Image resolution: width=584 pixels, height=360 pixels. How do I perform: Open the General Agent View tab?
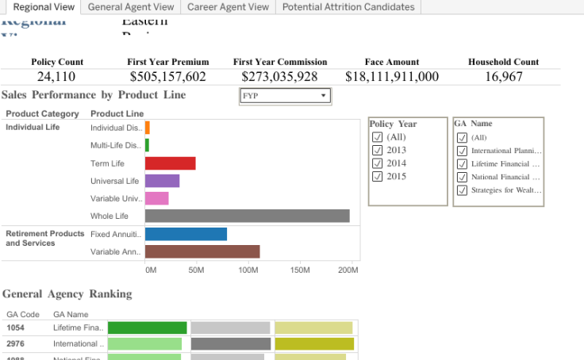[131, 7]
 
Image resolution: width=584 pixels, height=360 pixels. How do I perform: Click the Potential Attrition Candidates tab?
[348, 7]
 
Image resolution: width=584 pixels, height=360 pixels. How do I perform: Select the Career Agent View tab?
[228, 7]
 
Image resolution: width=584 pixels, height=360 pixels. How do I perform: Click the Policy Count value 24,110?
[56, 77]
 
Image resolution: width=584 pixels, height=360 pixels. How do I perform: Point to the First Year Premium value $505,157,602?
[168, 77]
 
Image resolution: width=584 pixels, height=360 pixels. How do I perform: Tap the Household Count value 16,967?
[503, 77]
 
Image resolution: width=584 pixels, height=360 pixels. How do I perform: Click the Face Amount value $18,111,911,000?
[392, 77]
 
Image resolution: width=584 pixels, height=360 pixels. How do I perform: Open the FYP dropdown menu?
[285, 96]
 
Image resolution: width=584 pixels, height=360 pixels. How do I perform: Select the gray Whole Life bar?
[247, 216]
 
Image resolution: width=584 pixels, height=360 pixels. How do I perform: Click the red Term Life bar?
[170, 163]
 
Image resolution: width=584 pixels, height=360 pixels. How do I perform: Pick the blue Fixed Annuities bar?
[186, 234]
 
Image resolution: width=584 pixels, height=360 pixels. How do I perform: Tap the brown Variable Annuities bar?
[202, 252]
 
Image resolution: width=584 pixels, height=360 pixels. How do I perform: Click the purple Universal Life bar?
[162, 181]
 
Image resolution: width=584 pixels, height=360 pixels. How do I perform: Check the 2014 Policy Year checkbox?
[377, 163]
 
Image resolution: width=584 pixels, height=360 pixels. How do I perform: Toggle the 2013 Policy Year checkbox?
[377, 151]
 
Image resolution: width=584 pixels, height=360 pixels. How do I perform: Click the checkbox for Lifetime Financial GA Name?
[462, 164]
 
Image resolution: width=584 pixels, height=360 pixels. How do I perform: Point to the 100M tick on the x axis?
[248, 270]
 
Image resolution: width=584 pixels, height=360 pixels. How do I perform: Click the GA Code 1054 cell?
[17, 327]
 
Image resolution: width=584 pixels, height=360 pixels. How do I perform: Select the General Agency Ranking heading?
[67, 293]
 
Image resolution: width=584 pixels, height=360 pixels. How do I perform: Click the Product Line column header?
[117, 113]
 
